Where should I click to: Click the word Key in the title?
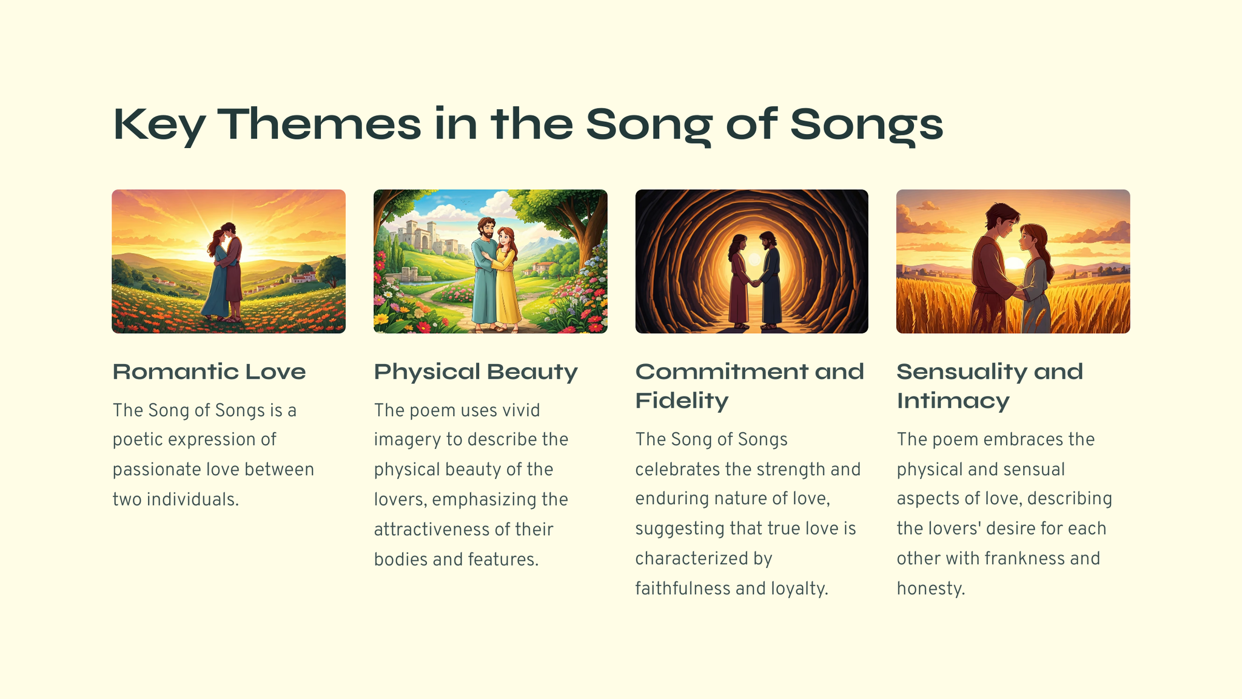[159, 125]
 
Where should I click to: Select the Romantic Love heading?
[209, 371]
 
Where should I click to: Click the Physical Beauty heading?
[475, 372]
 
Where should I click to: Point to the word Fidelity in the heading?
[682, 401]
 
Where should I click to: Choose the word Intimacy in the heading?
[953, 401]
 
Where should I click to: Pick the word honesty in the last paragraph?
[930, 589]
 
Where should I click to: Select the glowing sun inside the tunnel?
[754, 259]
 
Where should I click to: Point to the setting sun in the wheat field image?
[1014, 264]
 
